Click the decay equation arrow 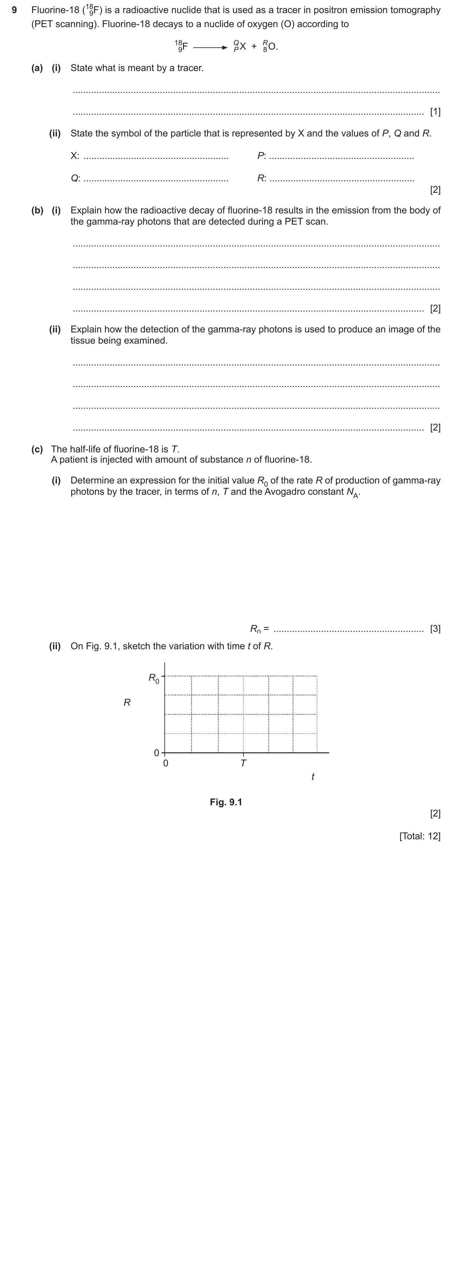coord(210,47)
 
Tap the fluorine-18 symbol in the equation coord(181,46)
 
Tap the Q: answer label coord(75,178)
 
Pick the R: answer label coord(262,178)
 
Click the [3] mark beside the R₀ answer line coord(435,629)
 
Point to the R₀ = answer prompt coord(259,629)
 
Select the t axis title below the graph coord(313,777)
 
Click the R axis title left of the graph coord(127,703)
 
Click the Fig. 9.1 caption coord(226,802)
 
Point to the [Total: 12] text coord(420,836)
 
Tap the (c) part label coord(37,449)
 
